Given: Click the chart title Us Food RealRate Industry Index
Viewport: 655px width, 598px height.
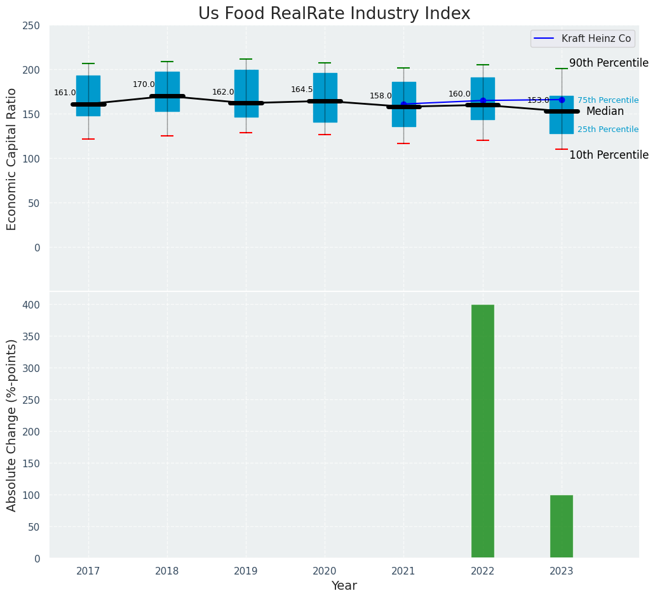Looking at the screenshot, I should [x=334, y=14].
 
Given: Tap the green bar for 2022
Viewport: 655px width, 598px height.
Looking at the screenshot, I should [x=483, y=431].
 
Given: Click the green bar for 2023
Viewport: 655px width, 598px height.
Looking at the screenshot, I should [x=562, y=526].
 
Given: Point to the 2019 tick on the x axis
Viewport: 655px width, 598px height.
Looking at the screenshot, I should [x=246, y=571].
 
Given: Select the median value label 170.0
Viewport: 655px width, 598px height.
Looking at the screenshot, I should [x=144, y=84].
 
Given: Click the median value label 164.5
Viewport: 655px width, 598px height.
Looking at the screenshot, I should [x=302, y=90].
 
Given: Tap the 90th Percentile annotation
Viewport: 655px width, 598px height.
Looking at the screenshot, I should [x=609, y=63].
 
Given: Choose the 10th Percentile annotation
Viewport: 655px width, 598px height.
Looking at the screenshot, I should [x=609, y=156].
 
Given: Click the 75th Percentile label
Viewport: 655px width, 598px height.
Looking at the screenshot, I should [x=608, y=100].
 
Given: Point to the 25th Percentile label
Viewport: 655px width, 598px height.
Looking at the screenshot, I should [x=608, y=130].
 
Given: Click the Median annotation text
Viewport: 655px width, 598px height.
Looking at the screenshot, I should [x=605, y=112].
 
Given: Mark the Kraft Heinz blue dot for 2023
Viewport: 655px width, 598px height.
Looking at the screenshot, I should [x=562, y=100].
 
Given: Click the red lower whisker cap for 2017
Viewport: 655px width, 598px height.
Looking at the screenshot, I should [x=88, y=139].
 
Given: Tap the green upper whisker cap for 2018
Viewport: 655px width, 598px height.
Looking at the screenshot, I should [x=167, y=62].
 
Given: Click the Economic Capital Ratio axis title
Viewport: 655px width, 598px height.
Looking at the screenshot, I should [x=12, y=159].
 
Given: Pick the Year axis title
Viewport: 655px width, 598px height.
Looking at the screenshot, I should [x=344, y=586].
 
